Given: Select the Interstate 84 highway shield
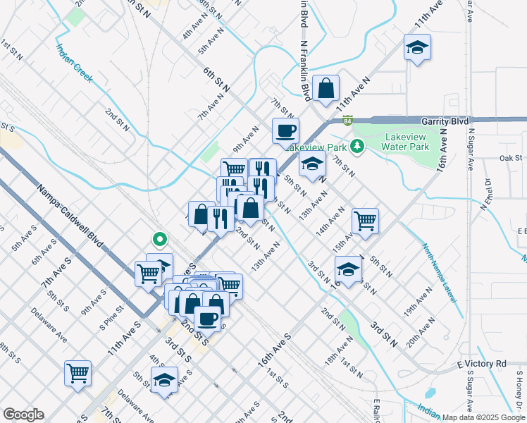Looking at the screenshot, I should (348, 121).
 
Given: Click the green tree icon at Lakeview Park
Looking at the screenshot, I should (357, 147).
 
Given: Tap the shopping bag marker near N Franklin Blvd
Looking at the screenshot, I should (326, 90).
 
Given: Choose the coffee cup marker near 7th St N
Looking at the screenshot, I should (286, 131).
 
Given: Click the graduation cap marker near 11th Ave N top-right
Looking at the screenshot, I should (417, 48).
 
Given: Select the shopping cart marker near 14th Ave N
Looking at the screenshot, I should (365, 221).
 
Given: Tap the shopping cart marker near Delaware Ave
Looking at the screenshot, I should (77, 373).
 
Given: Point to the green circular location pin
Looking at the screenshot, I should (160, 240).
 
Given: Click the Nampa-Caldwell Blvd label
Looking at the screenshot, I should (70, 211).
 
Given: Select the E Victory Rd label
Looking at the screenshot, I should (481, 364).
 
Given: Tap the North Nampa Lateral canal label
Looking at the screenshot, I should (438, 271).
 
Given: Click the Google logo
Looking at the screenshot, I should (23, 415).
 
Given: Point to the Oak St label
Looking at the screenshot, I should (512, 158).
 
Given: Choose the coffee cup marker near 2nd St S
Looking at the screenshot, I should (207, 318).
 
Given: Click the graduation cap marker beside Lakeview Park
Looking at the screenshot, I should (312, 166).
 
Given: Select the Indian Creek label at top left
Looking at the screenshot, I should (75, 65).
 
